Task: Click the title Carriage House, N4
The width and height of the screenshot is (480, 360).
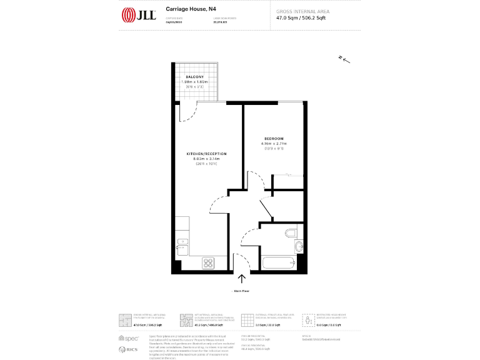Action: click(x=186, y=9)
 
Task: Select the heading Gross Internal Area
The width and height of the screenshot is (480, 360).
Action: click(x=303, y=12)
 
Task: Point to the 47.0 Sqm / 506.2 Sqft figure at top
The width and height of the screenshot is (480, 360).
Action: click(x=301, y=18)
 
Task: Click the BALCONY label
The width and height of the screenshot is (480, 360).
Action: click(x=194, y=76)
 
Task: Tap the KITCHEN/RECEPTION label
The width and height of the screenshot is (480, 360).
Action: click(x=206, y=154)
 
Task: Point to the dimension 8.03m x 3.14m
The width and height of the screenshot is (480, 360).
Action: click(x=206, y=159)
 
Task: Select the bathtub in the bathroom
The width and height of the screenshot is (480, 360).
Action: click(x=277, y=263)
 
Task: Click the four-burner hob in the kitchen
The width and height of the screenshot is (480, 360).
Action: click(x=208, y=263)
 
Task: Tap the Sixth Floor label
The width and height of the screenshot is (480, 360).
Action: click(x=241, y=291)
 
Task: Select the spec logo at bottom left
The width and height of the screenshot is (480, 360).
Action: click(x=130, y=337)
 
